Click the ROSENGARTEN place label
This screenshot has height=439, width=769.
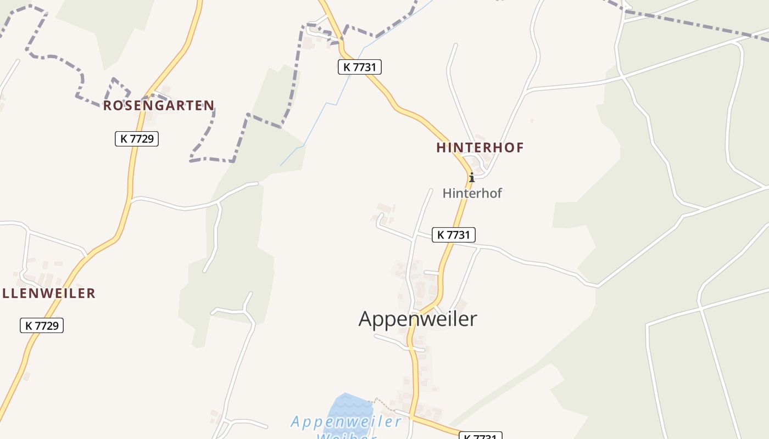coord(159,105)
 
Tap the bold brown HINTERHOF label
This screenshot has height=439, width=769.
coord(480,148)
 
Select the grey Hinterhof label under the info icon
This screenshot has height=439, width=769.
coord(472,193)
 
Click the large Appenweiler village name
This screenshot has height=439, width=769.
coord(417,318)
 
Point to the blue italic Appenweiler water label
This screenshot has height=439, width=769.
coord(346,421)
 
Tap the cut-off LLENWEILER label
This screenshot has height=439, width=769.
coord(48,293)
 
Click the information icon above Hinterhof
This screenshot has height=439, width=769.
coord(471,177)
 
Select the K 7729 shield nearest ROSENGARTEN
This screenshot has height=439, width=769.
coord(137,139)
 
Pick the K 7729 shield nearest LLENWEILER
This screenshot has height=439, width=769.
coord(42,325)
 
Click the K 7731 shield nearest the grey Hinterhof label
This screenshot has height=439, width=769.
coord(453,235)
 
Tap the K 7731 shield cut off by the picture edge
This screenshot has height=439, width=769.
coord(480,436)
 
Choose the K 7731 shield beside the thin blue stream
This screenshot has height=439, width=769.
coord(359,67)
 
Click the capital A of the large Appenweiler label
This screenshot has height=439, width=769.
coord(367,318)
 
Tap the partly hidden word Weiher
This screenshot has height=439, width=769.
coord(346,436)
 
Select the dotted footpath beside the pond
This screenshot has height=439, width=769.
coord(384,404)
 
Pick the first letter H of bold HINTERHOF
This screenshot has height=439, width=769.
coord(441,148)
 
